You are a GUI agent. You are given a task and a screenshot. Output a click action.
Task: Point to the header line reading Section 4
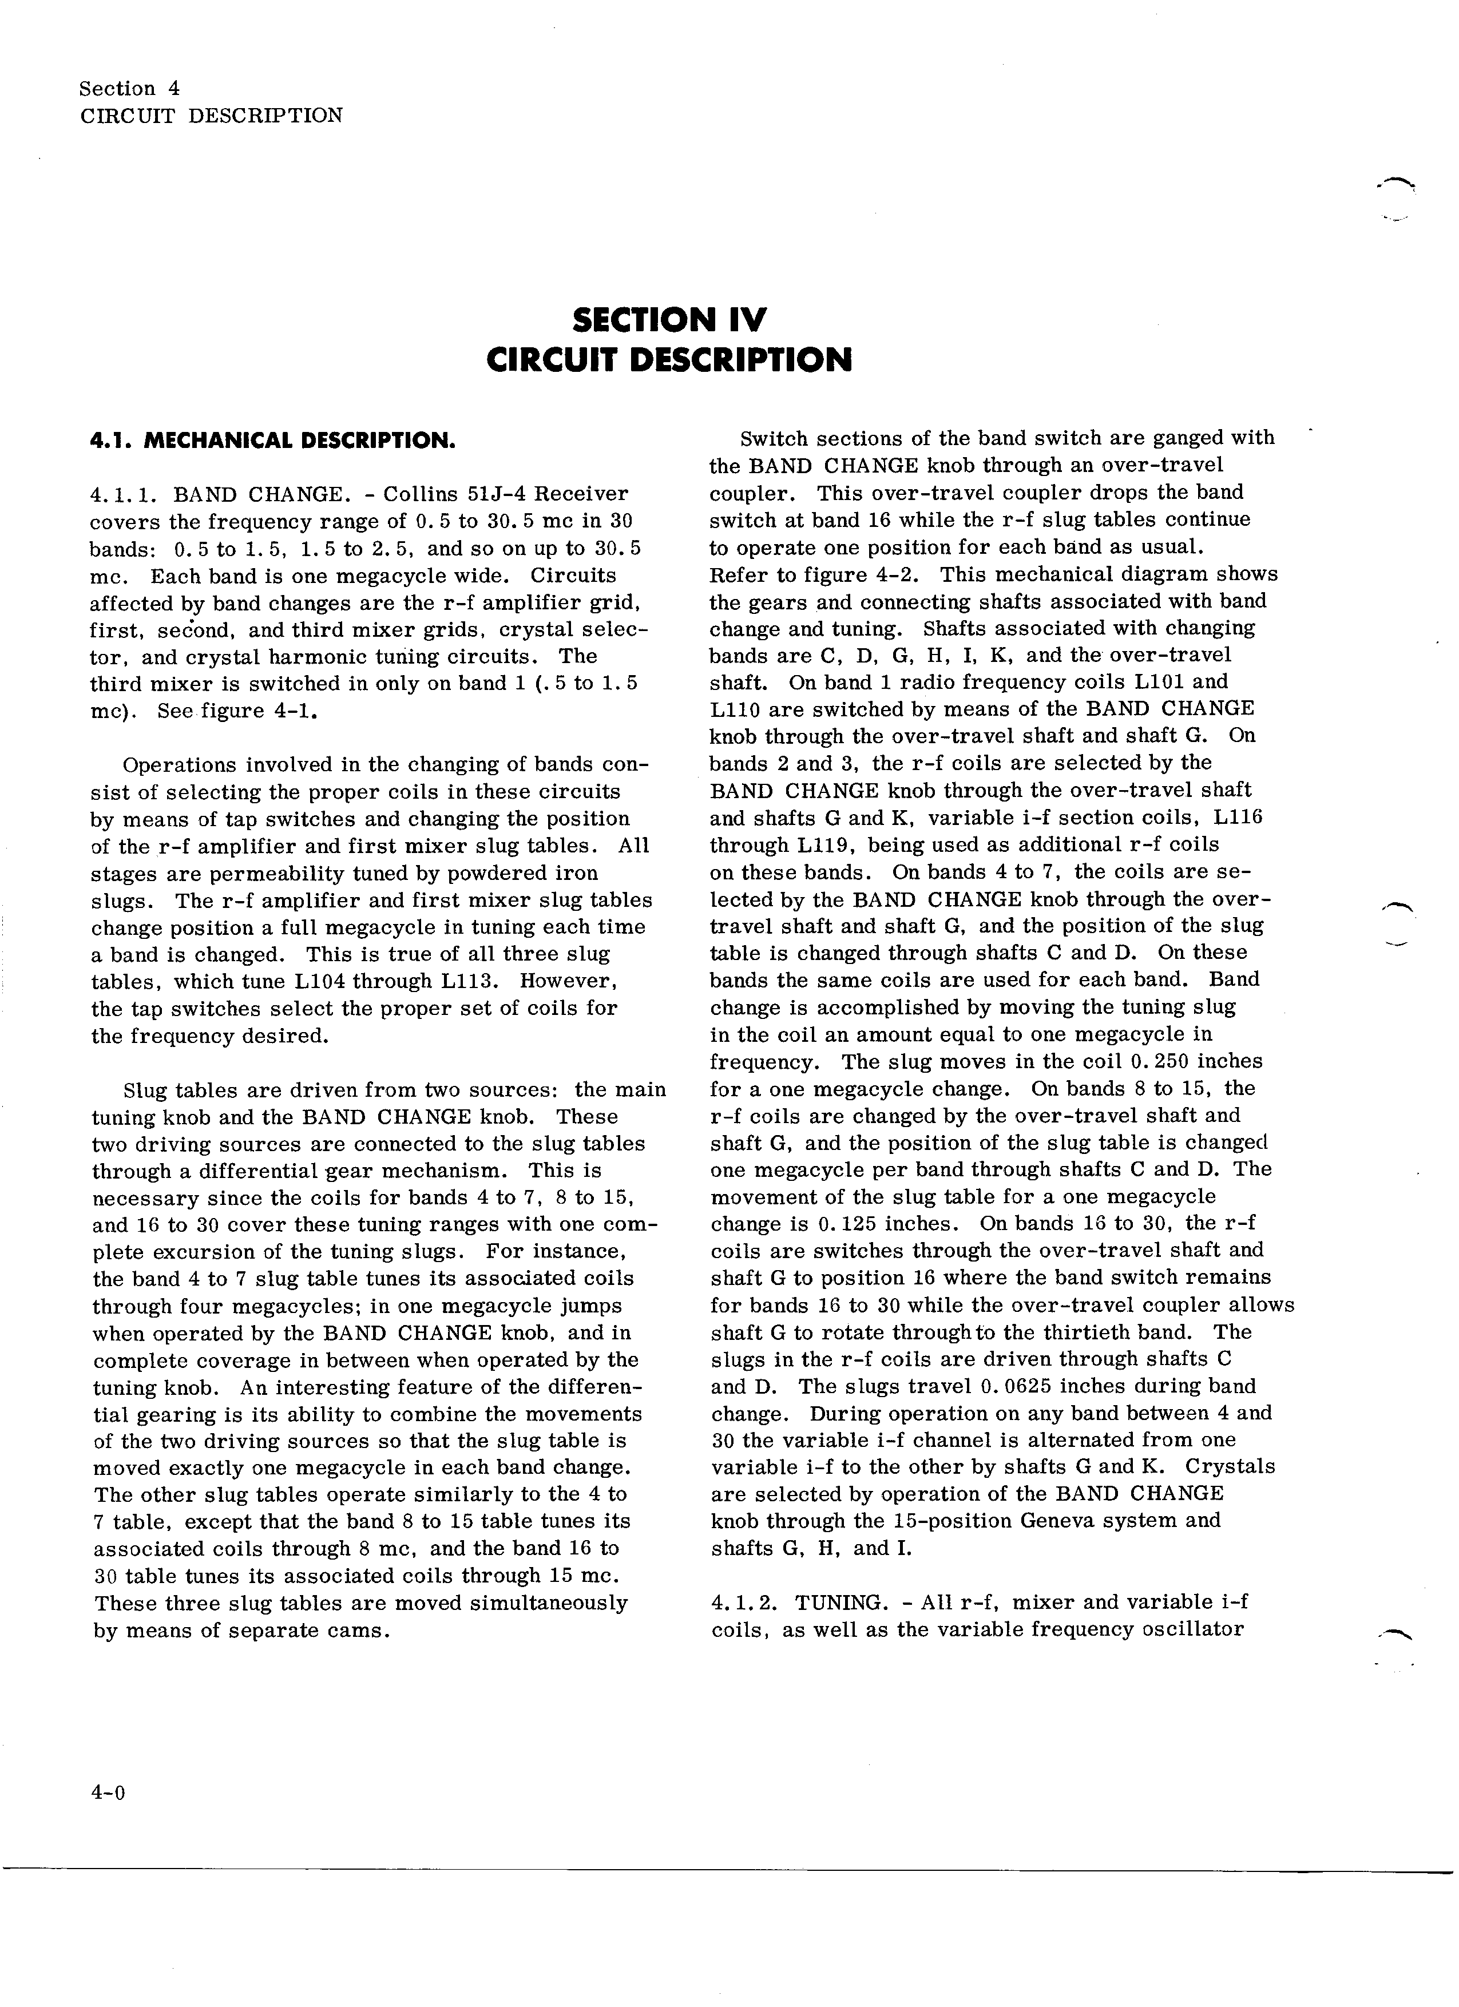click(129, 89)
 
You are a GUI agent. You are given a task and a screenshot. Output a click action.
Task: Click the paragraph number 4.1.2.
click(745, 1603)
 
